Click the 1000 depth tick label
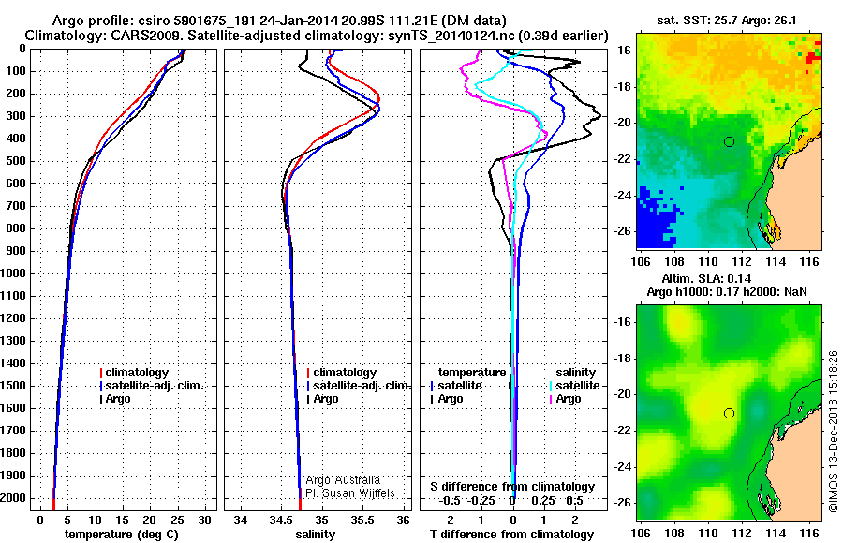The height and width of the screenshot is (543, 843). pos(15,273)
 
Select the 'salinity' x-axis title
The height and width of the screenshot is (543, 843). pos(314,534)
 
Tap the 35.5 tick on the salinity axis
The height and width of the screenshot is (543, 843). pos(362,520)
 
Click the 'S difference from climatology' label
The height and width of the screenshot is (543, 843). pos(512,487)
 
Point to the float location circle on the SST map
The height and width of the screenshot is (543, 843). pos(729,141)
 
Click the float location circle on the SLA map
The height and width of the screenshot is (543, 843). pos(729,413)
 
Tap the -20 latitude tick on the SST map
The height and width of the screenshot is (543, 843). pos(623,123)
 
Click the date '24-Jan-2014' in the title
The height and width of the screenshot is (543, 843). pos(268,20)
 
